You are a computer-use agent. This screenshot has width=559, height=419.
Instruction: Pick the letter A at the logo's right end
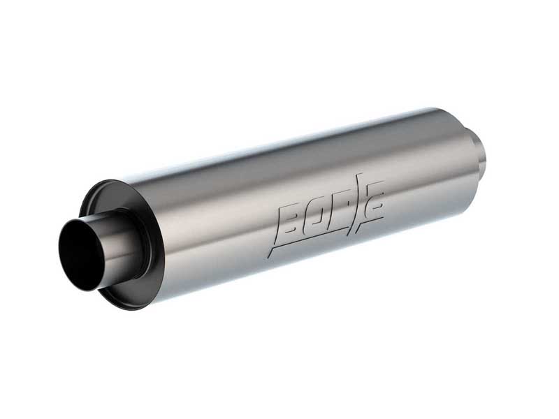(375, 198)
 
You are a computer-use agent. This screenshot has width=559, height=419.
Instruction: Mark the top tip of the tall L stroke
(365, 175)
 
